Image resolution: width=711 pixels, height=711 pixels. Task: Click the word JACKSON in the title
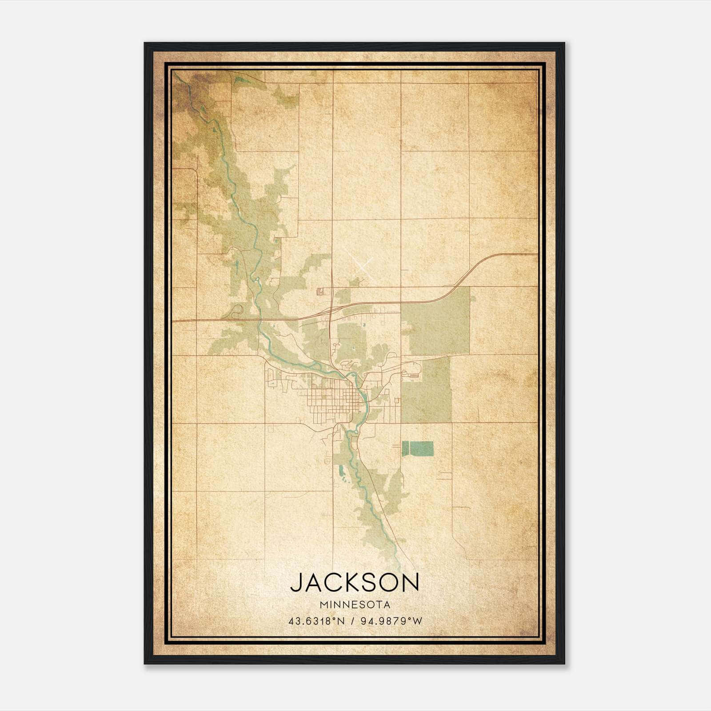355,582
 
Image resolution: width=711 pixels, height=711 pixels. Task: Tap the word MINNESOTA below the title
355,605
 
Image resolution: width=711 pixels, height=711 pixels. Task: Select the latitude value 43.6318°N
316,621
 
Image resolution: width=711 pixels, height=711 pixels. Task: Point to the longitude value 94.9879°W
392,621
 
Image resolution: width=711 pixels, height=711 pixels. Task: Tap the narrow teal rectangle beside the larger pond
405,448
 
